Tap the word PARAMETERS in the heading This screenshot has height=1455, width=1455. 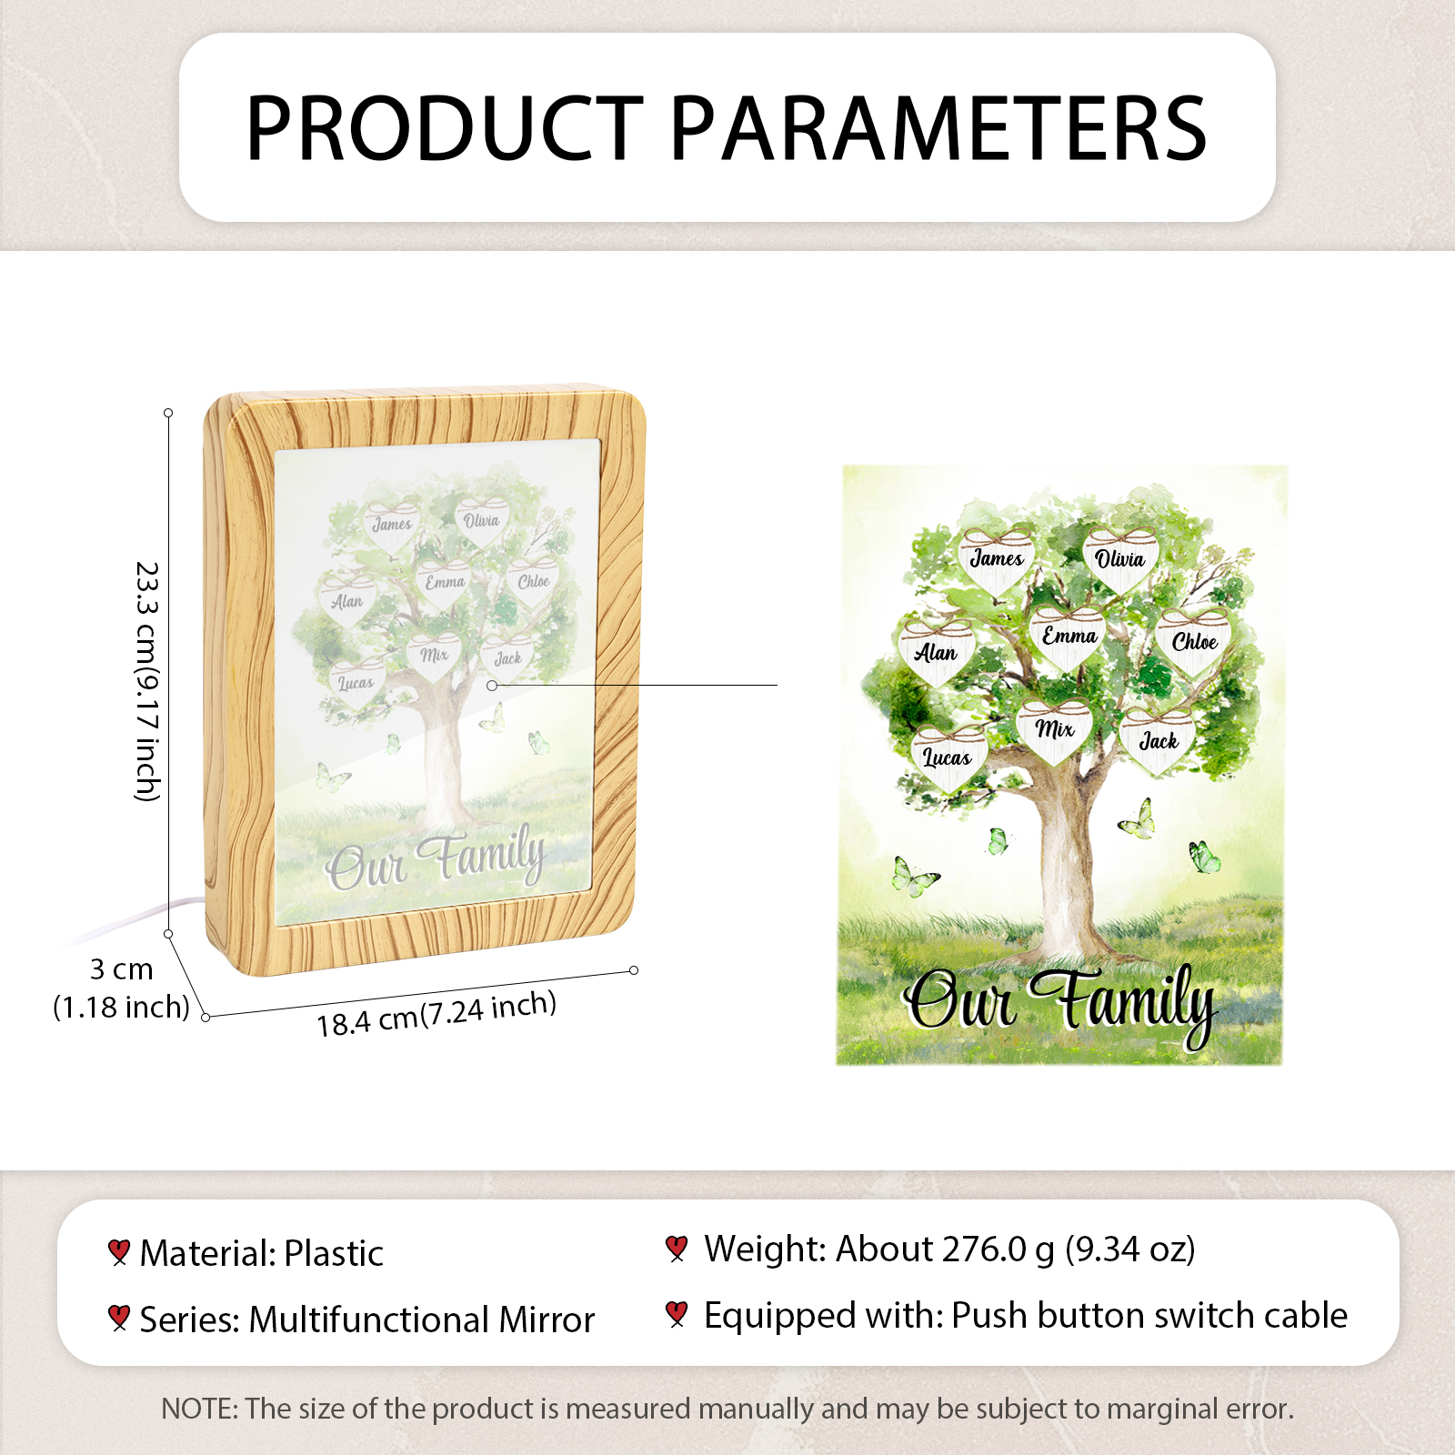[x=939, y=128]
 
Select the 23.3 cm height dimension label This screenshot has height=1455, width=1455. [x=147, y=682]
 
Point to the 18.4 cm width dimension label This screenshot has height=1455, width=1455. [x=436, y=1015]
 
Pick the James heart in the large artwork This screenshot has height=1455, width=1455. [x=997, y=560]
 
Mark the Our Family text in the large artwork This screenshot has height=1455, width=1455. [x=1059, y=1003]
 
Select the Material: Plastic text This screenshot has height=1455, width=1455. [x=262, y=1253]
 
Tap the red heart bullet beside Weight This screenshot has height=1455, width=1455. [x=677, y=1249]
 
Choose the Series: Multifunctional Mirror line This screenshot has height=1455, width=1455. [x=367, y=1320]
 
